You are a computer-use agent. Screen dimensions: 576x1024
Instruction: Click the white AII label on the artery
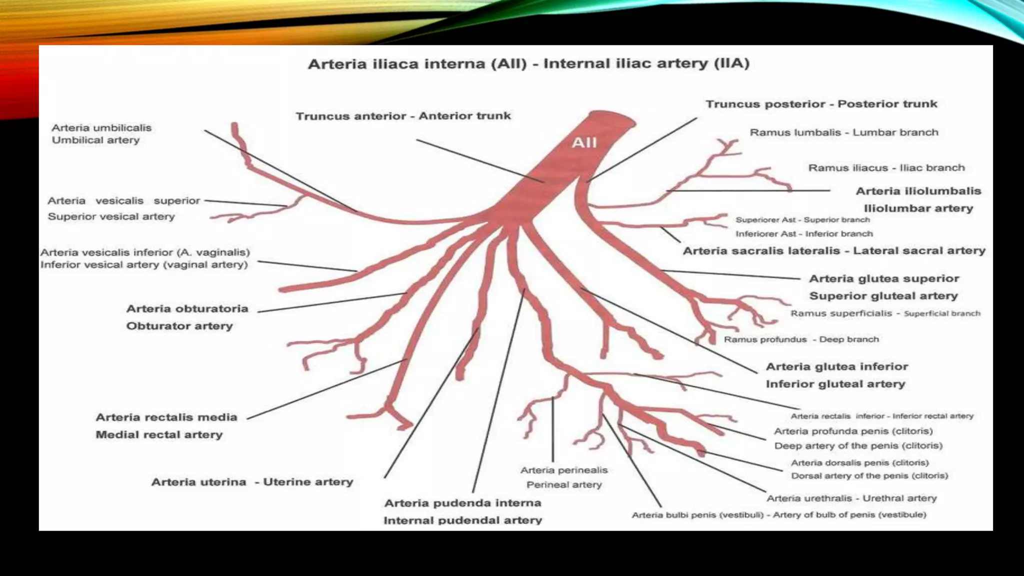584,142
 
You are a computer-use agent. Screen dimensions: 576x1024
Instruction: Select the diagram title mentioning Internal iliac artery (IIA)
528,64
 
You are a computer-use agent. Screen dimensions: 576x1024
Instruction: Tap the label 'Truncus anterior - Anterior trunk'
403,116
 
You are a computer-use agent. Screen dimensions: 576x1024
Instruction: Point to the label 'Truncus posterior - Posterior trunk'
821,104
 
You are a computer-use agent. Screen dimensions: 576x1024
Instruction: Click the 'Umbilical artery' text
95,140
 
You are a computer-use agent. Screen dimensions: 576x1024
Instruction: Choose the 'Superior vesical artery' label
111,216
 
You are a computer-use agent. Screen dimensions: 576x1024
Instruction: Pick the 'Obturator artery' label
179,326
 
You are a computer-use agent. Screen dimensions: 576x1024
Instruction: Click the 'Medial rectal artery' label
159,434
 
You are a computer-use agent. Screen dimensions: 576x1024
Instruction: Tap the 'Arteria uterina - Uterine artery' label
252,482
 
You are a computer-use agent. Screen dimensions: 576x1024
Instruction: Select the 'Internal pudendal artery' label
462,520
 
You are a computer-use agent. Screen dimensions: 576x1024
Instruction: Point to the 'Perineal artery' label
564,484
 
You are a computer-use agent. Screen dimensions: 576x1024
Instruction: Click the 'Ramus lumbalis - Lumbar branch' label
844,132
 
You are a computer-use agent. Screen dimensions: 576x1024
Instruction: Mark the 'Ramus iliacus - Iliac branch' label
886,168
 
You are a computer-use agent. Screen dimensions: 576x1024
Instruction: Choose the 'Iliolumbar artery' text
918,208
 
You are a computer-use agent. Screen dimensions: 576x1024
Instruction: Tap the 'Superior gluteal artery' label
883,296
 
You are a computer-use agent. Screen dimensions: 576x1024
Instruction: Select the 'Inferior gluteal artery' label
835,384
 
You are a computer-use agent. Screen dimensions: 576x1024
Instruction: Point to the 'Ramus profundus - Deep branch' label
801,339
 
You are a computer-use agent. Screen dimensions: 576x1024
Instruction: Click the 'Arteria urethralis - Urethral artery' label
851,498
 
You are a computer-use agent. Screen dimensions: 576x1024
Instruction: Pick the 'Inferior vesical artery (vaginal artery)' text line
144,264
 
